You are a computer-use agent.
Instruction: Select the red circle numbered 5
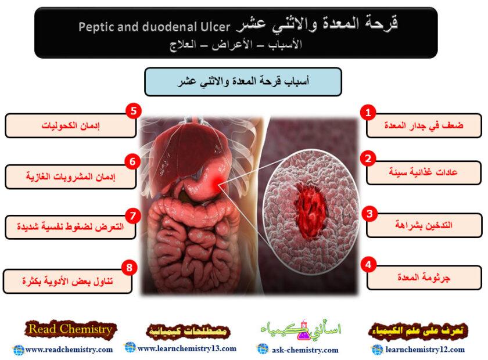[x=134, y=111]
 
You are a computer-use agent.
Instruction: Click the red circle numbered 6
[x=132, y=161]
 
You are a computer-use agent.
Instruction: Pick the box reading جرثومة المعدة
[x=424, y=278]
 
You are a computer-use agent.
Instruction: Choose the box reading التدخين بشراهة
[x=424, y=225]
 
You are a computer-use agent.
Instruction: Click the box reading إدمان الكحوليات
[x=71, y=125]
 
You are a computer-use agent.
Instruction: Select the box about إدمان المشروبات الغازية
[x=71, y=177]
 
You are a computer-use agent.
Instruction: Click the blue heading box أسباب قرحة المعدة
[x=243, y=82]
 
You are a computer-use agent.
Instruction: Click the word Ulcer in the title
[x=215, y=26]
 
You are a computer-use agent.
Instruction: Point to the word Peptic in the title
[x=96, y=26]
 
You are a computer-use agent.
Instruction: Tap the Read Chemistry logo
[x=70, y=330]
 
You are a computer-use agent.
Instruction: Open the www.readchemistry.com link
[x=69, y=350]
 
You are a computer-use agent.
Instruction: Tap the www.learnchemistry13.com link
[x=186, y=348]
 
